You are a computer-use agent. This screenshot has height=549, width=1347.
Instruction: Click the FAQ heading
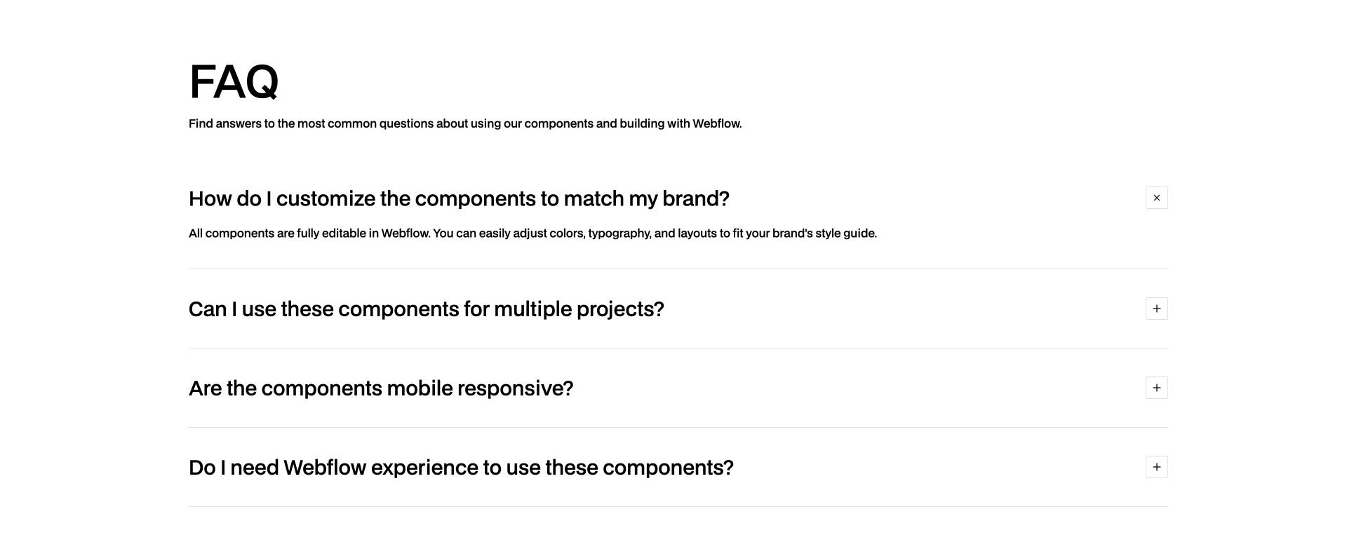click(x=234, y=82)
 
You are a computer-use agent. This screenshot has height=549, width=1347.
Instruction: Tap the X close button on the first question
click(x=1156, y=198)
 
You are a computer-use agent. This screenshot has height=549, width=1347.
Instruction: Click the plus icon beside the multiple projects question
click(x=1156, y=309)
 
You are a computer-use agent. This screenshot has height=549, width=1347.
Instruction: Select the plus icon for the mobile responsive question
click(x=1156, y=388)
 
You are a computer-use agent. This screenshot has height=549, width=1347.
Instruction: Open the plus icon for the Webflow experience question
click(x=1156, y=467)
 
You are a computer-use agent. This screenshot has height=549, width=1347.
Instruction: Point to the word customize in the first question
click(x=326, y=199)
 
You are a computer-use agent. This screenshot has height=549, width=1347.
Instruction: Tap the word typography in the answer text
click(x=619, y=233)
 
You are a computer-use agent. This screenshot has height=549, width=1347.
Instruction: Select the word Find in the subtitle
click(x=201, y=124)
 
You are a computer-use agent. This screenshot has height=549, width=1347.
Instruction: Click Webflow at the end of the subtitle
click(x=716, y=124)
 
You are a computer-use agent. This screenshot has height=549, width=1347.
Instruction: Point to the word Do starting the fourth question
click(x=202, y=468)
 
